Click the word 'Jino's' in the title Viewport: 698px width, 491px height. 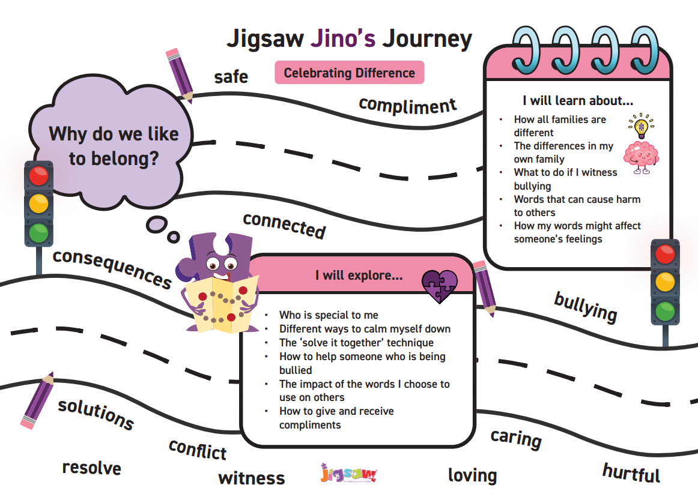coord(343,38)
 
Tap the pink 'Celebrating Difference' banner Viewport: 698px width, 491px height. coord(350,73)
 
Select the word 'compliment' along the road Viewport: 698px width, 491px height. coord(407,106)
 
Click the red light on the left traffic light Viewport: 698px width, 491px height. coord(38,175)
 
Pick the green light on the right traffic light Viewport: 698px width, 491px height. coord(665,311)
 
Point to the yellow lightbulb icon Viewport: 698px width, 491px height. coord(641,126)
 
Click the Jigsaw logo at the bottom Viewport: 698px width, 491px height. coord(348,473)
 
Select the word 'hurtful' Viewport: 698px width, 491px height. coord(631,473)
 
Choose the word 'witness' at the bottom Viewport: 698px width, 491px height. coord(252,478)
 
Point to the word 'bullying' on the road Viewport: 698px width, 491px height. coord(586,307)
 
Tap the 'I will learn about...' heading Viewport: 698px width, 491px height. coord(578,100)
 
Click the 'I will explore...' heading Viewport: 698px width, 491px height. coord(359,276)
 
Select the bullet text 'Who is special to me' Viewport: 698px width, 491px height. coord(329,315)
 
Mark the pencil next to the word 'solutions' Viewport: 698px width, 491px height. coord(37,400)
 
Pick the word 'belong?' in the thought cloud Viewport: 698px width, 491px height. coord(114,159)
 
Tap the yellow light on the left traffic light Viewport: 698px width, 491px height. coord(38,204)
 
